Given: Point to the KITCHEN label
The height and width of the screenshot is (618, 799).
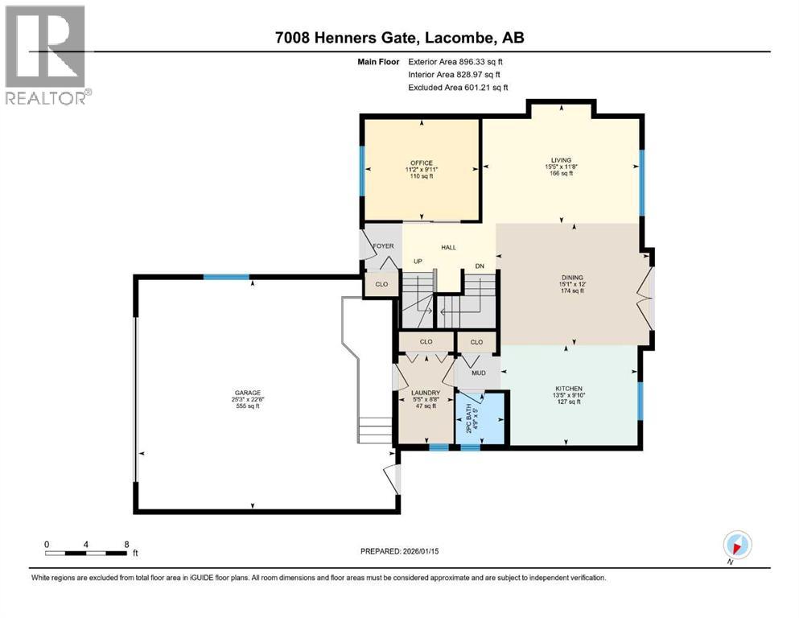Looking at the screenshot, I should [567, 389].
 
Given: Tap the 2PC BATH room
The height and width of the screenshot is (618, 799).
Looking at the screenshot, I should [481, 417].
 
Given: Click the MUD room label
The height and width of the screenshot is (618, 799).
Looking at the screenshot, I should [467, 373].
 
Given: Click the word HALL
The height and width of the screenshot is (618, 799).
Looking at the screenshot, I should [448, 247].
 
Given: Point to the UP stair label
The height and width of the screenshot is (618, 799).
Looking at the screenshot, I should [418, 262].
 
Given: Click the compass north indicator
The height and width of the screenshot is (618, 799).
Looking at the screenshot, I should [737, 544].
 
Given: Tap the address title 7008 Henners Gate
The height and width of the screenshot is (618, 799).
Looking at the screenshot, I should [399, 37].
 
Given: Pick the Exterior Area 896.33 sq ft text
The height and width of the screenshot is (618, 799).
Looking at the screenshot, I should [458, 61].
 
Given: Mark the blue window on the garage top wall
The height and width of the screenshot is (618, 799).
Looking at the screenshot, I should [225, 277].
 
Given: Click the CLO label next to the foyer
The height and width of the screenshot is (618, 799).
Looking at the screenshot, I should [382, 284].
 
